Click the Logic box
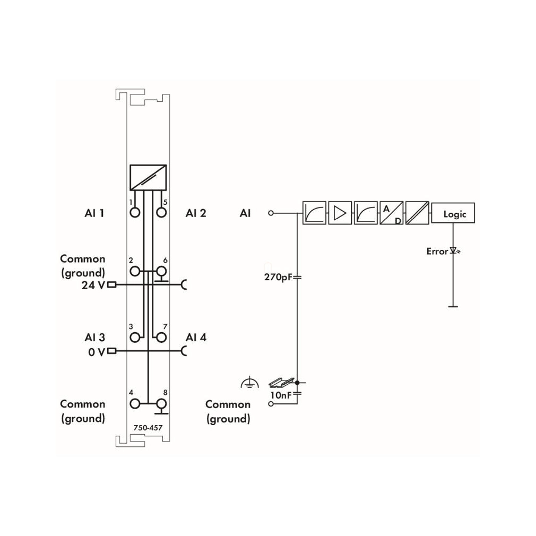coord(453,213)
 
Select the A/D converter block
coord(392,213)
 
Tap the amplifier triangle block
coord(340,213)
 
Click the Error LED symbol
coord(454,251)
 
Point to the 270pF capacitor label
coord(278,277)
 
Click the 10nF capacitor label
coord(281,395)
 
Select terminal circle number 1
coord(135,213)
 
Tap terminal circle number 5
coord(161,213)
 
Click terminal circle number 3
coord(135,338)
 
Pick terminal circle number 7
coord(161,338)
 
